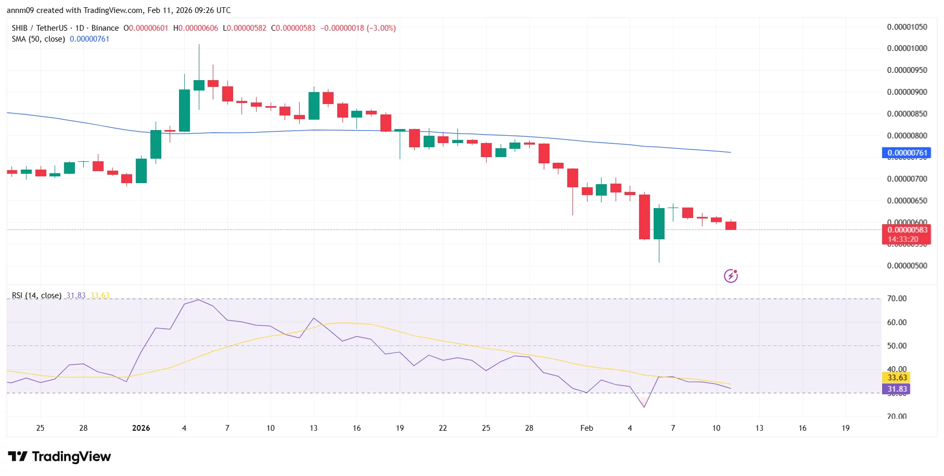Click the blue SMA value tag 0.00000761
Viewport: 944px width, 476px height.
[x=907, y=153]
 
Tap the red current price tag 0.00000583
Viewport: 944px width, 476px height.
[x=907, y=230]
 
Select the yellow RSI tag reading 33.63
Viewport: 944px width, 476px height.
[x=897, y=378]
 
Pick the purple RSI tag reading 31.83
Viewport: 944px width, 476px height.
[x=897, y=389]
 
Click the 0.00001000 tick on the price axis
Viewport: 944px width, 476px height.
[x=907, y=48]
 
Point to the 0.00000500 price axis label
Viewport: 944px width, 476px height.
[x=907, y=266]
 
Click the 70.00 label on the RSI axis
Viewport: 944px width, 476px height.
[x=897, y=299]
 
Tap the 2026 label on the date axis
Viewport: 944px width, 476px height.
[x=141, y=428]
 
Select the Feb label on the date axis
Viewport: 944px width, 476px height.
[x=586, y=428]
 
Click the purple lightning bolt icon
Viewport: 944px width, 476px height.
[x=731, y=276]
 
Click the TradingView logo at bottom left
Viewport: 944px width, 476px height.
[x=59, y=457]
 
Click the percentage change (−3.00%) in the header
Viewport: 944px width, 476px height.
[x=381, y=28]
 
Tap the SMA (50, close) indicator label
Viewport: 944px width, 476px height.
[x=39, y=39]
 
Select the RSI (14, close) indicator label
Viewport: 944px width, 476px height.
[x=36, y=295]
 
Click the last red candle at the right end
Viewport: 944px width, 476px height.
[x=731, y=225]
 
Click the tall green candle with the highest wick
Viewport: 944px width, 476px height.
[x=199, y=85]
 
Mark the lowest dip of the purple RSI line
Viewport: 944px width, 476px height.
[x=644, y=407]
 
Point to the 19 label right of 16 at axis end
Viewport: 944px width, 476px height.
[x=846, y=428]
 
